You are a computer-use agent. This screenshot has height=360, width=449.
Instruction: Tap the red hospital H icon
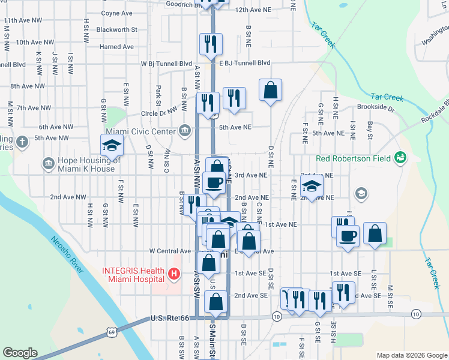click(174, 274)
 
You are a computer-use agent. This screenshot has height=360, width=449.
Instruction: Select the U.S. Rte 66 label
click(170, 317)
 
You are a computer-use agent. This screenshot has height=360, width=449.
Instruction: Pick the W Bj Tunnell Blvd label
click(166, 63)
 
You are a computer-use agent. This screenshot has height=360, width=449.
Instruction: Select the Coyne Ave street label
click(116, 13)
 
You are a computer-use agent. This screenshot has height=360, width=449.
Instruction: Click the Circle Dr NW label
click(160, 112)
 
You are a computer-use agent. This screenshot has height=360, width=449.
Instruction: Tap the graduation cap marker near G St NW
click(112, 146)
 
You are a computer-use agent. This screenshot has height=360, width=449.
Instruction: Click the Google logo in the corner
click(20, 353)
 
